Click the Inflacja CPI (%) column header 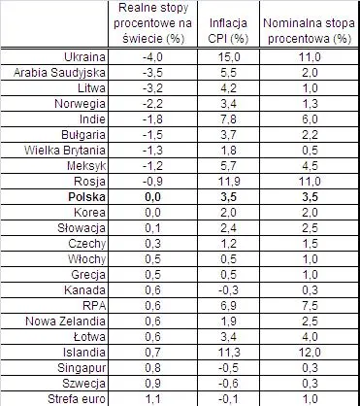pyautogui.click(x=228, y=31)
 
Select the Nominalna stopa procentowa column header pyautogui.click(x=310, y=31)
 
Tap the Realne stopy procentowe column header pyautogui.click(x=153, y=23)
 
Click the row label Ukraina pyautogui.click(x=84, y=57)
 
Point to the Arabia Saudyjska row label pyautogui.click(x=59, y=73)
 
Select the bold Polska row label pyautogui.click(x=86, y=197)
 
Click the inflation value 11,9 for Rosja pyautogui.click(x=229, y=182)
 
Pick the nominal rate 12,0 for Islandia pyautogui.click(x=310, y=353)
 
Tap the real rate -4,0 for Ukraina pyautogui.click(x=152, y=57)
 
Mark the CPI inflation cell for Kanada pyautogui.click(x=228, y=290)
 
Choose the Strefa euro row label pyautogui.click(x=77, y=399)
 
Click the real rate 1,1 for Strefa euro pyautogui.click(x=152, y=399)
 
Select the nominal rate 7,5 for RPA pyautogui.click(x=310, y=306)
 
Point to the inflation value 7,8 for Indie pyautogui.click(x=229, y=119)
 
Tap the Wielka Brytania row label pyautogui.click(x=65, y=151)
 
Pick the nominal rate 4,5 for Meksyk pyautogui.click(x=310, y=166)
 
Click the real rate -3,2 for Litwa pyautogui.click(x=152, y=88)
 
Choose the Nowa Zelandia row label pyautogui.click(x=65, y=321)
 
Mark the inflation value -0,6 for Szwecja pyautogui.click(x=228, y=384)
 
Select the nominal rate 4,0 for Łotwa pyautogui.click(x=310, y=337)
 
